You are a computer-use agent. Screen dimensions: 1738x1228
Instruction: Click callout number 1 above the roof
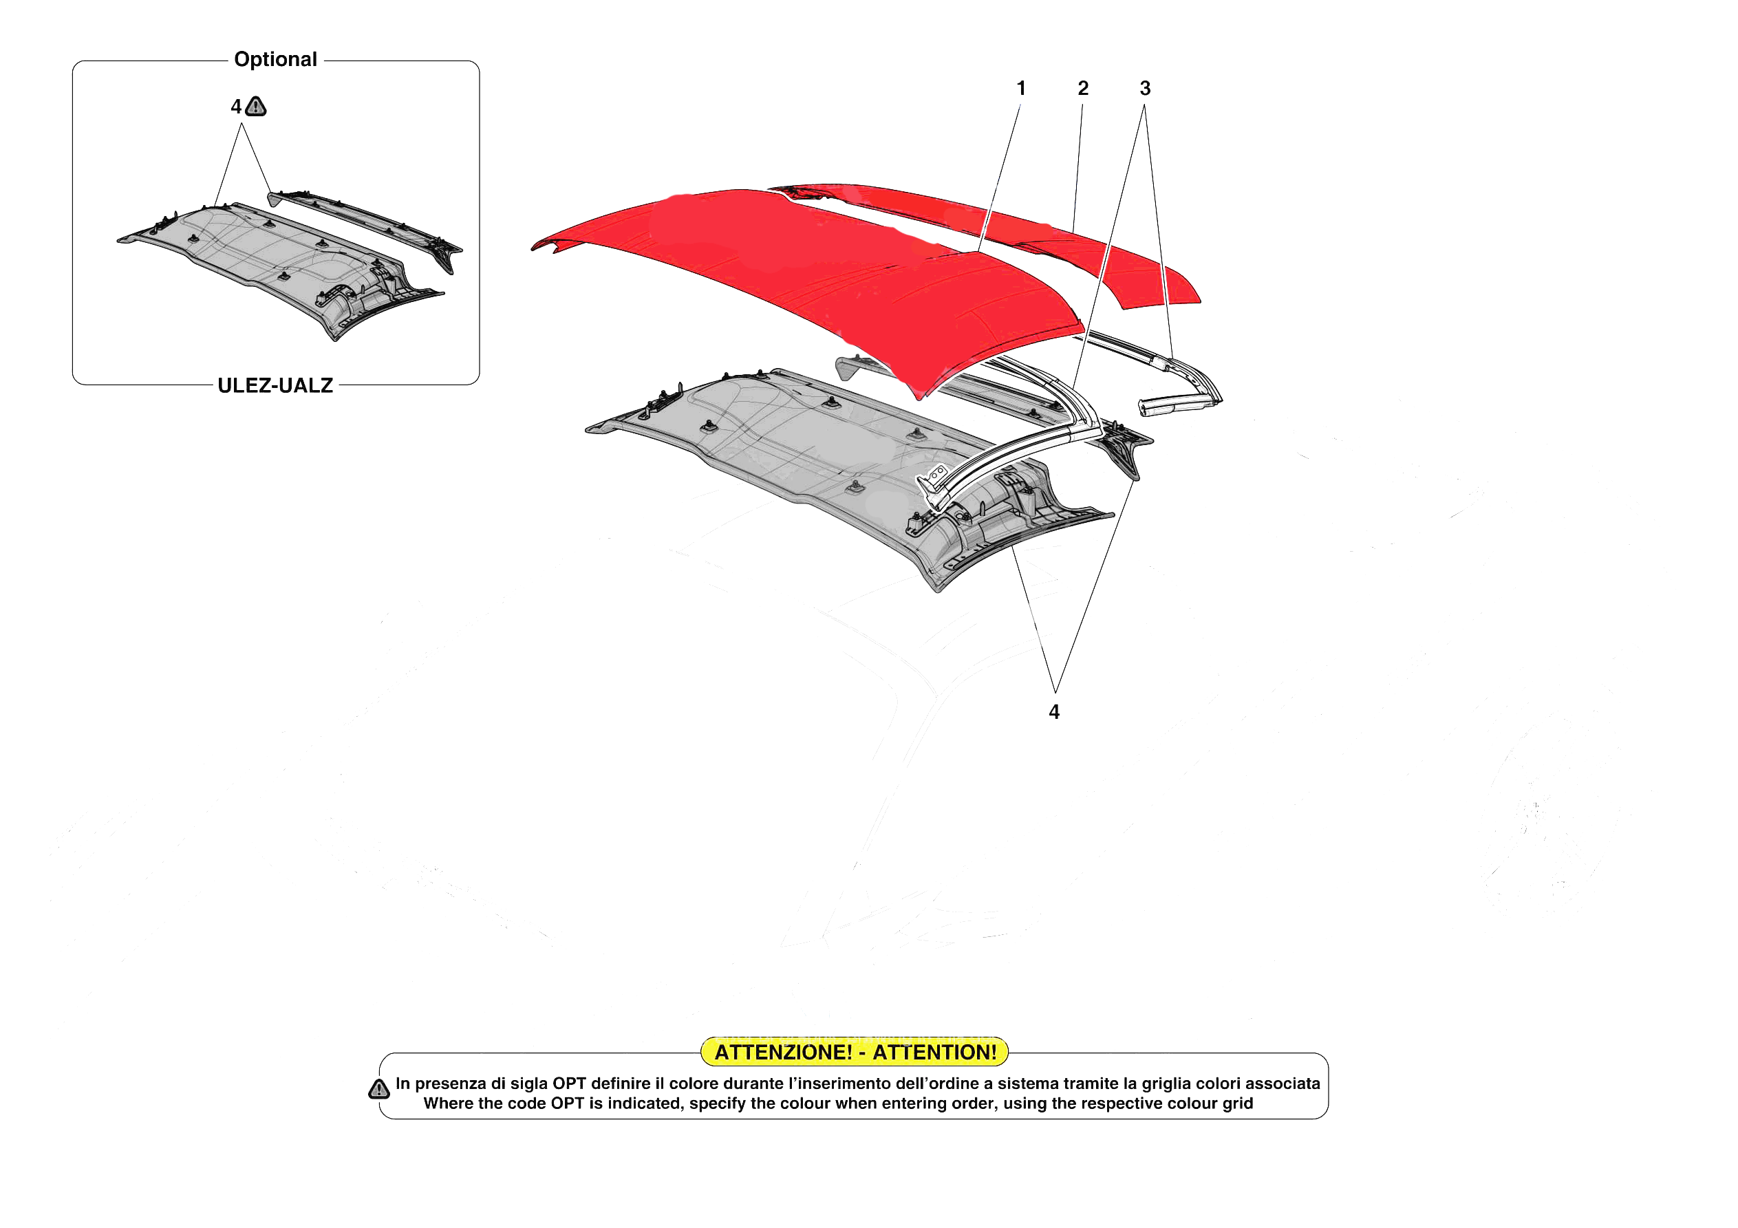click(1020, 89)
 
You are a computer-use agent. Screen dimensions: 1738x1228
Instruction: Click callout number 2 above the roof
click(1082, 89)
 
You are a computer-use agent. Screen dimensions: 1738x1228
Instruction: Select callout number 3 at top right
click(1144, 89)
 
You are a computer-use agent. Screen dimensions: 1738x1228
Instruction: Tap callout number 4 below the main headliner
click(1053, 711)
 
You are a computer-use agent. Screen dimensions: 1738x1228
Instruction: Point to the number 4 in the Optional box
click(236, 107)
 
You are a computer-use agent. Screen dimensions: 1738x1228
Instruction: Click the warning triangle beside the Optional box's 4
click(256, 107)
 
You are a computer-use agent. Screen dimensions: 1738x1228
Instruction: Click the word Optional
click(275, 59)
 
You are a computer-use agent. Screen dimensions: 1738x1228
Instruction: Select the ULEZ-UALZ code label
click(275, 385)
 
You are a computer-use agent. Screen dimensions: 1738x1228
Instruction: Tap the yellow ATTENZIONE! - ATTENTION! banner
click(855, 1052)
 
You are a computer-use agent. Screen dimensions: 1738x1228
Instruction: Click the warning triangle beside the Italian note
click(378, 1089)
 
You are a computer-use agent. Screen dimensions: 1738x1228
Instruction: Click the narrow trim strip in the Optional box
click(363, 227)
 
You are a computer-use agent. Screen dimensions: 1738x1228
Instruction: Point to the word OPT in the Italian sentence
click(569, 1084)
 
